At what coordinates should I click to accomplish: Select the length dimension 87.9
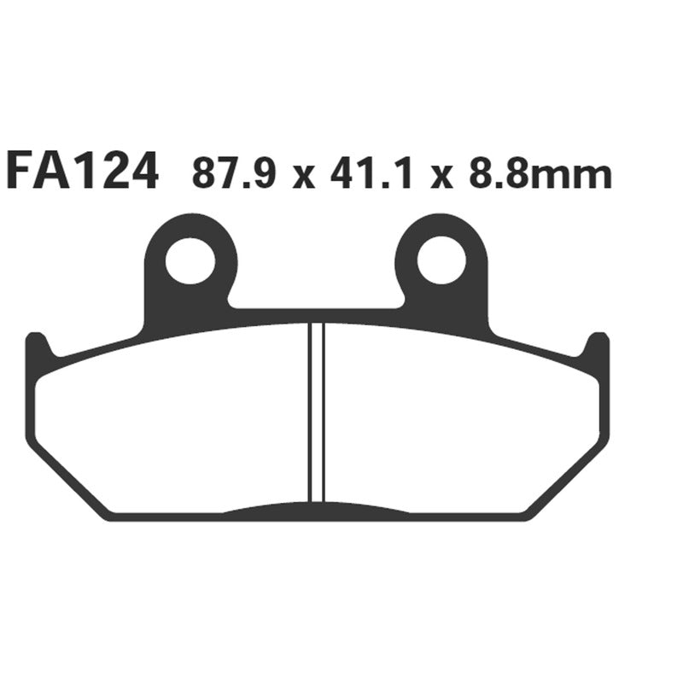coord(231,175)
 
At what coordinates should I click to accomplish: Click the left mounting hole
coord(190,261)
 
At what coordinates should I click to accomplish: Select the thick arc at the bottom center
coord(317,511)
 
